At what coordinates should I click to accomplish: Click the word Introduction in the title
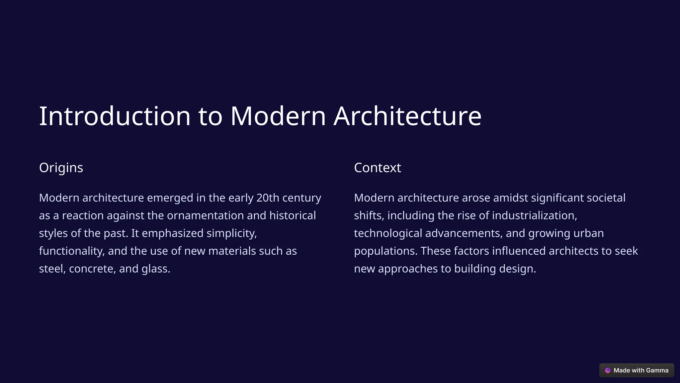[115, 116]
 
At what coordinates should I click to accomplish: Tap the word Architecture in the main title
[407, 116]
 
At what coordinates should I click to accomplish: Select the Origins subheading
[61, 168]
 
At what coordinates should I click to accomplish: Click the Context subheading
[378, 168]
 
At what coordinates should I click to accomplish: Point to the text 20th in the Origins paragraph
[268, 198]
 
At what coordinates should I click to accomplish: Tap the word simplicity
[231, 233]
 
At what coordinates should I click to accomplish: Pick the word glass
[156, 269]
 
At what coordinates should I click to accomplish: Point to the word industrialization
[534, 215]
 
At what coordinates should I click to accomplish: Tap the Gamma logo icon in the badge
[608, 370]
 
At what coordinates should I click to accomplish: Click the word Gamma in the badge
[657, 370]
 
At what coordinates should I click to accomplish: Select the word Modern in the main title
[278, 116]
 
